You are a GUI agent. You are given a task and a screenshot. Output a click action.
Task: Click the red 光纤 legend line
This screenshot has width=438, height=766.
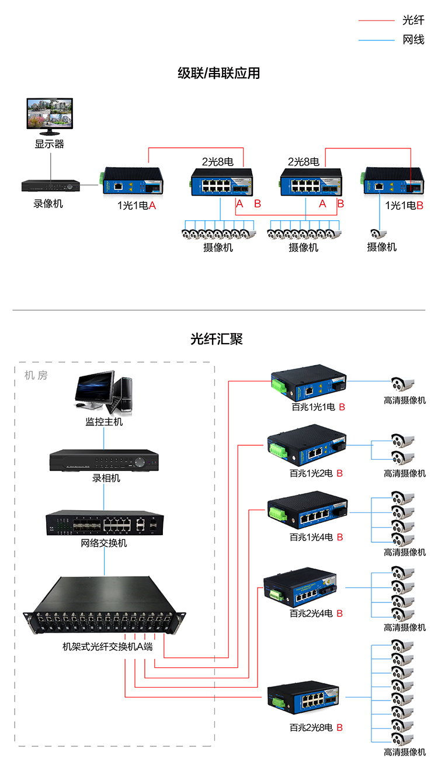click(376, 20)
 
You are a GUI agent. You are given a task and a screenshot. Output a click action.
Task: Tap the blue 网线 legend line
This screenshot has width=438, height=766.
click(376, 40)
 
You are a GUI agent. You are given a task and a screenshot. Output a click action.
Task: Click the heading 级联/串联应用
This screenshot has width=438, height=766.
click(218, 74)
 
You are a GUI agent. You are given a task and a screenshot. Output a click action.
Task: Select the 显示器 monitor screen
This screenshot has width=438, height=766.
click(50, 113)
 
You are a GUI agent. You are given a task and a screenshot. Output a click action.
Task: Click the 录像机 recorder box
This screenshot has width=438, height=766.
click(50, 186)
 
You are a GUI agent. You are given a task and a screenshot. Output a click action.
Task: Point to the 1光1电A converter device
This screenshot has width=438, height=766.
click(133, 183)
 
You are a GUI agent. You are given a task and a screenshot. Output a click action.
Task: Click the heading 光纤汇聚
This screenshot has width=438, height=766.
click(217, 339)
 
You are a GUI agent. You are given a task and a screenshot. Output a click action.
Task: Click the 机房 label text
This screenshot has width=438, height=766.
click(36, 375)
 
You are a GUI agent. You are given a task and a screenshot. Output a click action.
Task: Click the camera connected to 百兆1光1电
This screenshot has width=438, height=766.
click(402, 384)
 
